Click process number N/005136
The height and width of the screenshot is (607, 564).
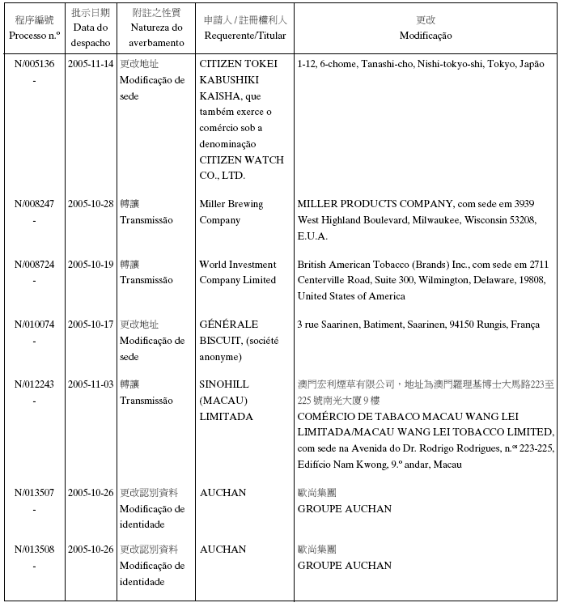(x=34, y=64)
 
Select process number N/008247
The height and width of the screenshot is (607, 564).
(x=34, y=204)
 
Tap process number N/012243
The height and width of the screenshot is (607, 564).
(x=34, y=384)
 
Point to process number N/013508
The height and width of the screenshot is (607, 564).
(x=34, y=550)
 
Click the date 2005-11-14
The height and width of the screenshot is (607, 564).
(x=90, y=64)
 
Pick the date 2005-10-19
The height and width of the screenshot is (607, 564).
(x=90, y=265)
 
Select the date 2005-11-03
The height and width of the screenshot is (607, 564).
(x=90, y=384)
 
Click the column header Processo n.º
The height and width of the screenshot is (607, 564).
(x=34, y=36)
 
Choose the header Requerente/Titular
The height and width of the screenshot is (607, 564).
(x=245, y=36)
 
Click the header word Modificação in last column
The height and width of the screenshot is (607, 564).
(x=426, y=36)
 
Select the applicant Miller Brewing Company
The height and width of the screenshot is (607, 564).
(x=231, y=212)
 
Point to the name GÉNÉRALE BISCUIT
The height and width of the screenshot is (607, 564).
(x=229, y=333)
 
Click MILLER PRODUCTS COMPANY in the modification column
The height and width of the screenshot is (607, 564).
(x=380, y=204)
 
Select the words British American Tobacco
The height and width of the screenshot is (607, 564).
(x=358, y=265)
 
